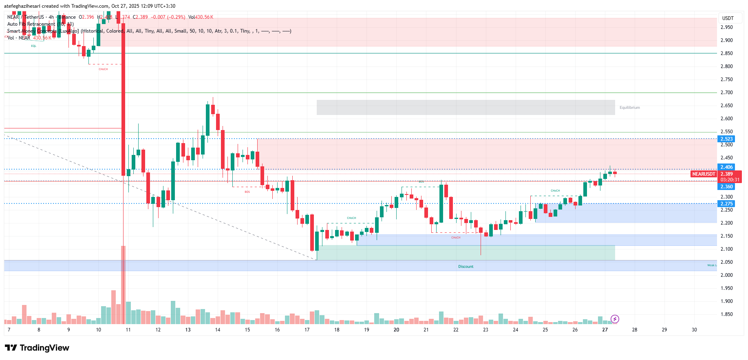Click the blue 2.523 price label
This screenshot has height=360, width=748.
tap(726, 139)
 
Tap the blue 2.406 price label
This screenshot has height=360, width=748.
tap(726, 167)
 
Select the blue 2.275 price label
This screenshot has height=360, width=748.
tap(726, 204)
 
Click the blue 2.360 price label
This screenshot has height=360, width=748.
tap(726, 187)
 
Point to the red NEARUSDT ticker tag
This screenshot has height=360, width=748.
tap(704, 174)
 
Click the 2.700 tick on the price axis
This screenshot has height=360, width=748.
tap(726, 93)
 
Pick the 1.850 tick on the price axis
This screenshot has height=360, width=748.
tap(726, 314)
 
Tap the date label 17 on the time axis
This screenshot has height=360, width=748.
tap(307, 330)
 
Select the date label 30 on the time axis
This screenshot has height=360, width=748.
tap(694, 330)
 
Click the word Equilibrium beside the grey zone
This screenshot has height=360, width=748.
tap(629, 108)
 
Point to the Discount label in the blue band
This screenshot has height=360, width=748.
tap(466, 267)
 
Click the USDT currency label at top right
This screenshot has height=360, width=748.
tap(728, 18)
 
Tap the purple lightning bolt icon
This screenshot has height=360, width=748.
tap(615, 319)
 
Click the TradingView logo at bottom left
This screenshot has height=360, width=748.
tap(37, 348)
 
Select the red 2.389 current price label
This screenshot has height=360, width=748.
tap(726, 174)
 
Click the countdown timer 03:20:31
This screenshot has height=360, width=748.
tap(730, 180)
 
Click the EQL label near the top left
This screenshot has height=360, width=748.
tap(33, 46)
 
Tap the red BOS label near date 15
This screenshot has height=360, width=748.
tap(247, 192)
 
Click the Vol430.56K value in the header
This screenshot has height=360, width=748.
tap(201, 17)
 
